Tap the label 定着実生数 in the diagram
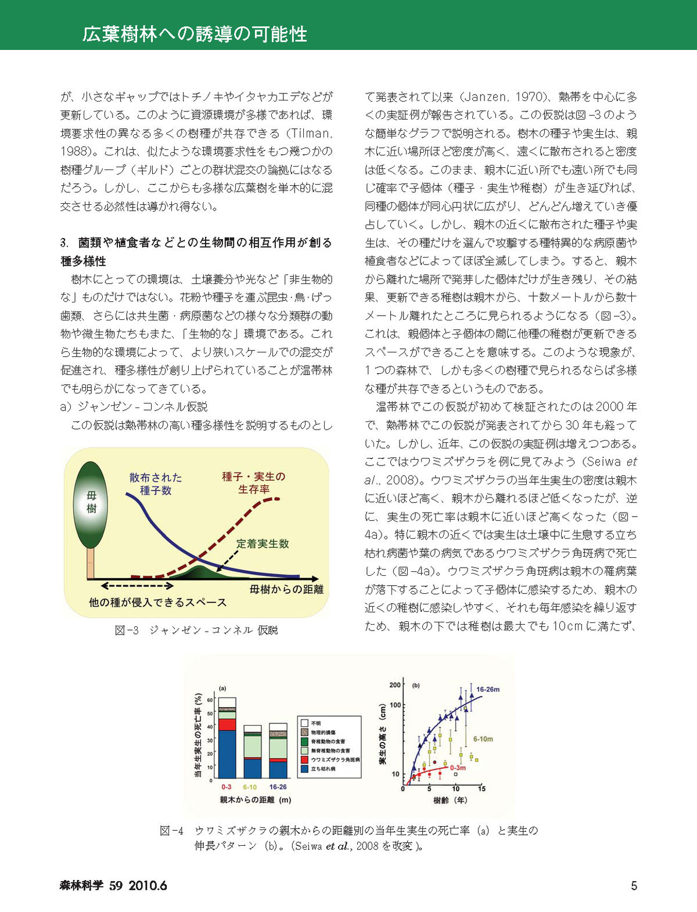point(263,543)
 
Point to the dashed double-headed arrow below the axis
point(138,586)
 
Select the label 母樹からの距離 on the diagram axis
point(286,589)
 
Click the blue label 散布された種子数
point(155,484)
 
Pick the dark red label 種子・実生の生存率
point(254,482)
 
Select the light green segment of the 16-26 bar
point(278,747)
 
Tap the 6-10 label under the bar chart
point(250,787)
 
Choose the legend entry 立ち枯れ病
point(323,768)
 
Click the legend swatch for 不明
point(304,723)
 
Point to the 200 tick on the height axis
point(395,685)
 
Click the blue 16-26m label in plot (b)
point(488,690)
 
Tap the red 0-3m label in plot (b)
point(458,767)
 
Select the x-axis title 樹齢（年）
point(450,800)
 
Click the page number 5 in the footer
point(634,885)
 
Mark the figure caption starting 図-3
point(196,630)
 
